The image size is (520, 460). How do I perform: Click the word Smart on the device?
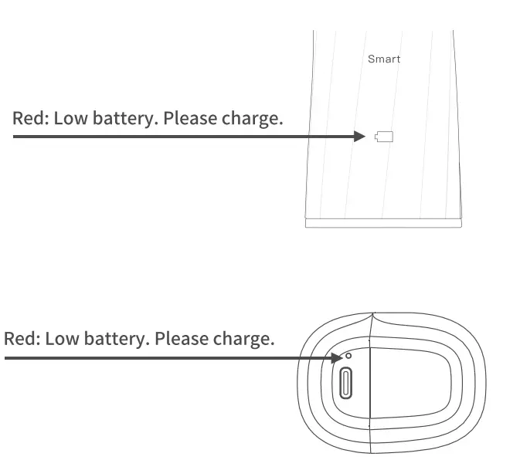pyautogui.click(x=383, y=59)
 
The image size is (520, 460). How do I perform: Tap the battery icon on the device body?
pyautogui.click(x=384, y=137)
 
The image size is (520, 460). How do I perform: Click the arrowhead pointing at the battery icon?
pyautogui.click(x=359, y=137)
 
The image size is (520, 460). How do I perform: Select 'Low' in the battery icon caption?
pyautogui.click(x=70, y=120)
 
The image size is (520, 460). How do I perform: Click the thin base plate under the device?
pyautogui.click(x=384, y=223)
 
